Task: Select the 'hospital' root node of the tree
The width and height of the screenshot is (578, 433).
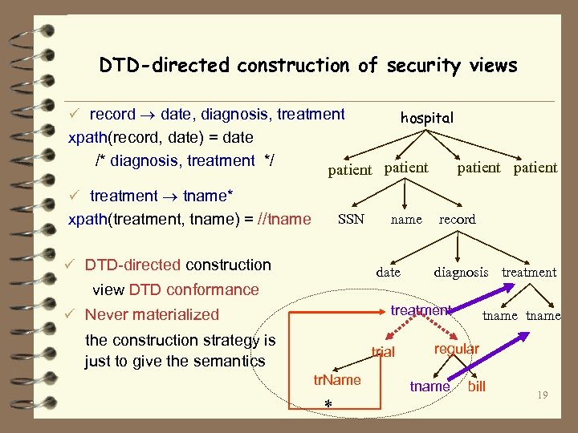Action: pyautogui.click(x=427, y=118)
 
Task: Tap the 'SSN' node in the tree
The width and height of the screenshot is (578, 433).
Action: pyautogui.click(x=351, y=219)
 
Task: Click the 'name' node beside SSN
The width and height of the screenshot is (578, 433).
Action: pyautogui.click(x=405, y=219)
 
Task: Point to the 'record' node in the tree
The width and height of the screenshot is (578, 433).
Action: pyautogui.click(x=457, y=219)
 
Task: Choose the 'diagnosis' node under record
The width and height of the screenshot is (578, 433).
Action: pyautogui.click(x=461, y=273)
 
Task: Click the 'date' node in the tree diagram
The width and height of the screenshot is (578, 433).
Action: pyautogui.click(x=388, y=273)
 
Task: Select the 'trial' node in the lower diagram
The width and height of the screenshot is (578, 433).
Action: pyautogui.click(x=383, y=351)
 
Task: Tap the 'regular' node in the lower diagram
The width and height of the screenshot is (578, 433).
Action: pyautogui.click(x=456, y=349)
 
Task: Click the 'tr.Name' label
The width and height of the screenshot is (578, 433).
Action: pyautogui.click(x=336, y=379)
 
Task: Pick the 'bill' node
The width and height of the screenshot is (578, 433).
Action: pyautogui.click(x=477, y=386)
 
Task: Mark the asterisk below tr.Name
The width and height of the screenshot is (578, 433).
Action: pyautogui.click(x=328, y=403)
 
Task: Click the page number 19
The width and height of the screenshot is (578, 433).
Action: pyautogui.click(x=543, y=394)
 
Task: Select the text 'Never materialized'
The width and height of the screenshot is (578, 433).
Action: pyautogui.click(x=152, y=314)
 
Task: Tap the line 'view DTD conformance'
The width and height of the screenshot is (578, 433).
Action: pyautogui.click(x=176, y=289)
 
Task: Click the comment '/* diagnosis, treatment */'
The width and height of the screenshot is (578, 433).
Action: pyautogui.click(x=185, y=160)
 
